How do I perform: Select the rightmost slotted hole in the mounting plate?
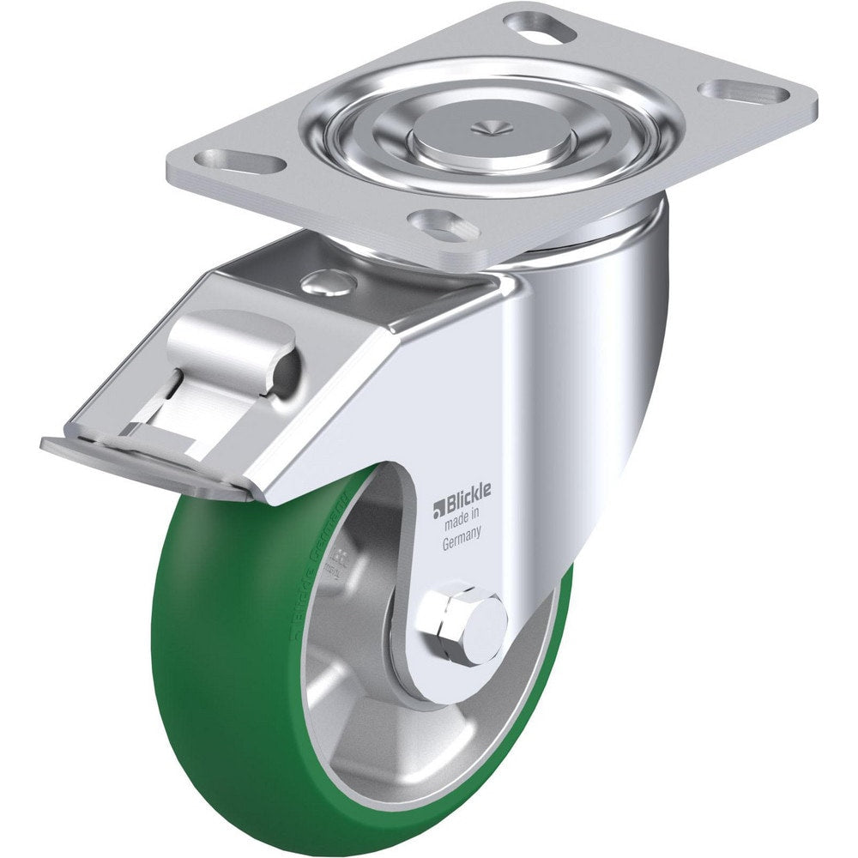click(744, 92)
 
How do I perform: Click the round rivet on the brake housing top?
click(329, 280)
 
